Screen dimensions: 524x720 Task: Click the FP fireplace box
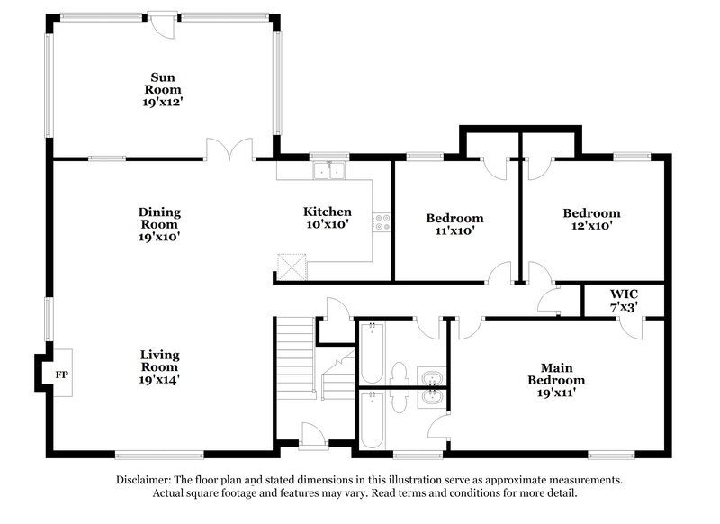click(x=61, y=373)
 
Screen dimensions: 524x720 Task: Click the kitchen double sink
click(x=329, y=169)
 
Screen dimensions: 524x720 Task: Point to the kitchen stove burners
click(x=382, y=221)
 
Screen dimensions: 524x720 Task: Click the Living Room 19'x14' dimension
click(x=159, y=380)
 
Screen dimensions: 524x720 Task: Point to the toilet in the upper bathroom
click(x=401, y=371)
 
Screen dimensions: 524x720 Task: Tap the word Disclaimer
click(x=148, y=480)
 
